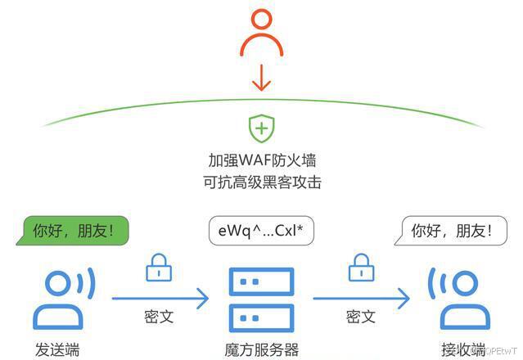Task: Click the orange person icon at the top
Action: [x=261, y=36]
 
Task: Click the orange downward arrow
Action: [x=261, y=79]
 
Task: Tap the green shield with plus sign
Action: [x=261, y=128]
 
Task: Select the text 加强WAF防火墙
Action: [x=261, y=159]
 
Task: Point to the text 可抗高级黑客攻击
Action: [x=261, y=182]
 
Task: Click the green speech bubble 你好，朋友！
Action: [x=75, y=231]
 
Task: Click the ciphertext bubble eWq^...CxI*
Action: [x=261, y=231]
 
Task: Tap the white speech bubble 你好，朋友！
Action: [x=447, y=232]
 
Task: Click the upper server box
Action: [x=261, y=282]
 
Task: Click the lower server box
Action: [x=261, y=317]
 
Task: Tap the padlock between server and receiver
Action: [x=360, y=268]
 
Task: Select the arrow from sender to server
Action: [x=160, y=299]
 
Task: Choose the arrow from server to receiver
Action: [x=360, y=299]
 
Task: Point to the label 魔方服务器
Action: [x=261, y=349]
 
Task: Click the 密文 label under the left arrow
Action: [x=158, y=317]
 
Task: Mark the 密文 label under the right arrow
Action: [x=360, y=317]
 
